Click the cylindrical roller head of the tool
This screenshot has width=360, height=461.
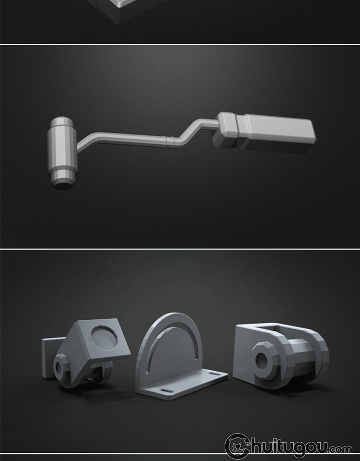tap(62, 152)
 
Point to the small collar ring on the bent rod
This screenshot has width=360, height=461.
tap(169, 142)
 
